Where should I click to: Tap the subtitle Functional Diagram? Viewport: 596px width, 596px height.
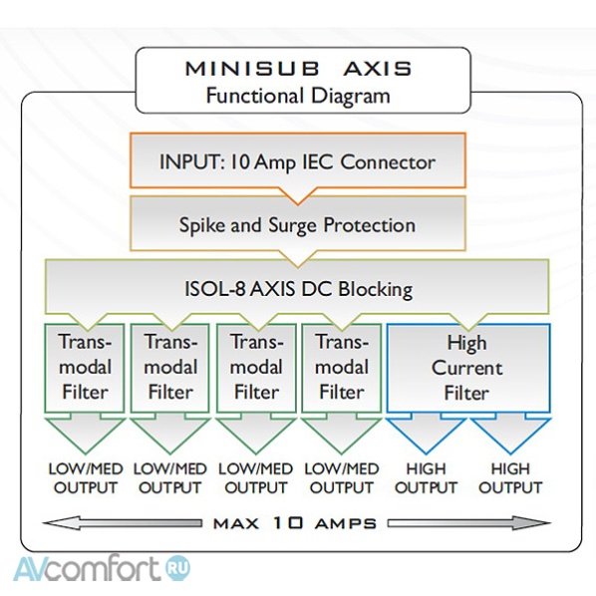pyautogui.click(x=298, y=96)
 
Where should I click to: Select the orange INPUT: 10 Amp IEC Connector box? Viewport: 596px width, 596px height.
pyautogui.click(x=297, y=160)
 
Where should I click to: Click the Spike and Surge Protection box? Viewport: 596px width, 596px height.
pyautogui.click(x=297, y=224)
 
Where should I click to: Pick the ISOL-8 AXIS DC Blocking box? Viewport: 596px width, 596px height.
pyautogui.click(x=297, y=290)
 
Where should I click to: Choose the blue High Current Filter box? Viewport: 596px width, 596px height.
pyautogui.click(x=466, y=368)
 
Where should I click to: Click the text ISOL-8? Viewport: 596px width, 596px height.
pyautogui.click(x=214, y=290)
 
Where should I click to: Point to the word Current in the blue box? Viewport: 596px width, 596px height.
pyautogui.click(x=466, y=368)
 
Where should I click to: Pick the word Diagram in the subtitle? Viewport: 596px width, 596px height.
pyautogui.click(x=348, y=96)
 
